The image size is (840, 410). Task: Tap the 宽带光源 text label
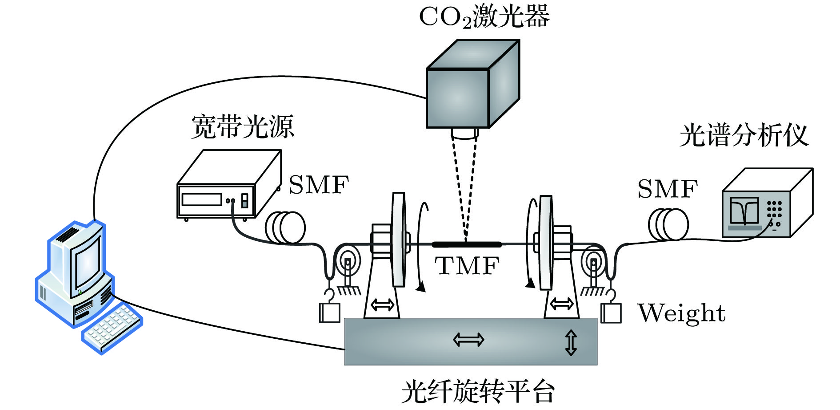click(243, 127)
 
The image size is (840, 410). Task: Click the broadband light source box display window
click(201, 199)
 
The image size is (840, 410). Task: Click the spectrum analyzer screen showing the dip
click(744, 211)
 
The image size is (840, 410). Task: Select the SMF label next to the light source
click(319, 185)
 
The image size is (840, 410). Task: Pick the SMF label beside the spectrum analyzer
click(668, 189)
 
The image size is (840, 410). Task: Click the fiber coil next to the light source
click(285, 227)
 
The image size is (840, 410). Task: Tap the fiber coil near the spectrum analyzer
click(668, 224)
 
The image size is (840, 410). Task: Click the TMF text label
click(467, 266)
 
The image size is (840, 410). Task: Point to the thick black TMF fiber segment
click(467, 244)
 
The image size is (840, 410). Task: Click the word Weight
click(681, 313)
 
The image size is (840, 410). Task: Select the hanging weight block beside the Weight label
click(611, 313)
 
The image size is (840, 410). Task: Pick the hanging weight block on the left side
click(329, 313)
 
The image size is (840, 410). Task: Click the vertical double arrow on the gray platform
click(571, 342)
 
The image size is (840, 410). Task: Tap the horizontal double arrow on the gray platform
click(468, 340)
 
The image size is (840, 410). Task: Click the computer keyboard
click(112, 327)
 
